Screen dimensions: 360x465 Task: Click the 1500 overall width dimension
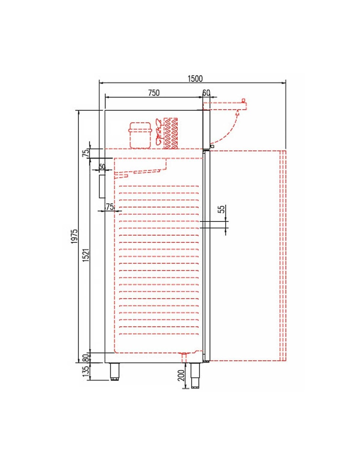click(195, 79)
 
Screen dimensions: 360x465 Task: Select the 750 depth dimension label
click(154, 93)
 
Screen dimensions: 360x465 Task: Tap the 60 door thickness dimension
click(206, 93)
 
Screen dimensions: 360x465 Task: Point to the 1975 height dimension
click(74, 236)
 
